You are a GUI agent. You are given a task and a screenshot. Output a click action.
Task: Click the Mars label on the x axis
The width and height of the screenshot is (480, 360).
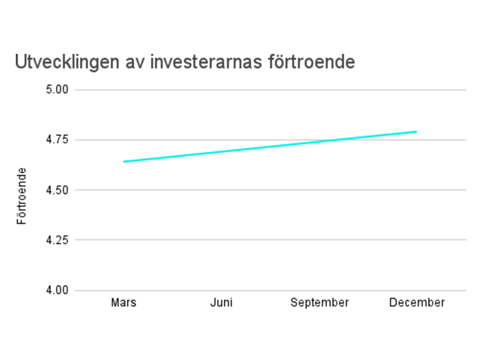(123, 302)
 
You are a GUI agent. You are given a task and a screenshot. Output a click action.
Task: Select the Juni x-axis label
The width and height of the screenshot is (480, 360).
(221, 302)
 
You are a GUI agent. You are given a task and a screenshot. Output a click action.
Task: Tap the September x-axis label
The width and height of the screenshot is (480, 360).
(319, 302)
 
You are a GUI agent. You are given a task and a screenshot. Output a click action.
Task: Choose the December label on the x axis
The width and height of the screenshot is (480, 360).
(417, 302)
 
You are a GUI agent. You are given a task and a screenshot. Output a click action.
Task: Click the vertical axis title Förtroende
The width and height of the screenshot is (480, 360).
(22, 196)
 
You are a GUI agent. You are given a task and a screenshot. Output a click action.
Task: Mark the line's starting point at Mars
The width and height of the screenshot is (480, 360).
(124, 161)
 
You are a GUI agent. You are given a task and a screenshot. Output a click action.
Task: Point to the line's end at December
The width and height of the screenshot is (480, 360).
(416, 131)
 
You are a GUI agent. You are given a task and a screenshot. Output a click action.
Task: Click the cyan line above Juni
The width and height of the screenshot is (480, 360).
(221, 152)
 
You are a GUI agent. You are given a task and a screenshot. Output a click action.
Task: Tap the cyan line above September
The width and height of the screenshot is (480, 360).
(319, 141)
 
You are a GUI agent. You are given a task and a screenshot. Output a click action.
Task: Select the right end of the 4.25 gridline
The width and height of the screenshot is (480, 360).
(465, 240)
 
